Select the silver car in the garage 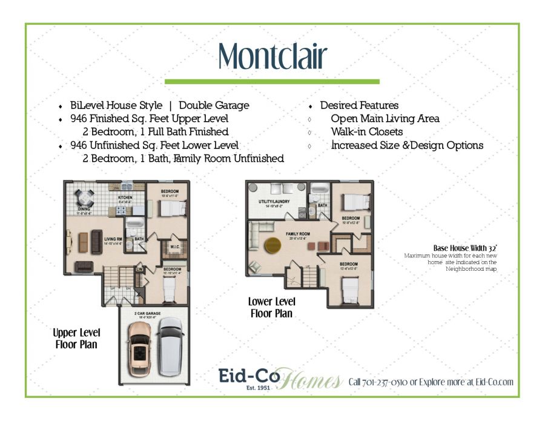[169, 347]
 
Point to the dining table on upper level [84, 197]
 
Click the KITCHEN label [125, 198]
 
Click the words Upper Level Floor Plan [76, 339]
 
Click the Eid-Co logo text [248, 376]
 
